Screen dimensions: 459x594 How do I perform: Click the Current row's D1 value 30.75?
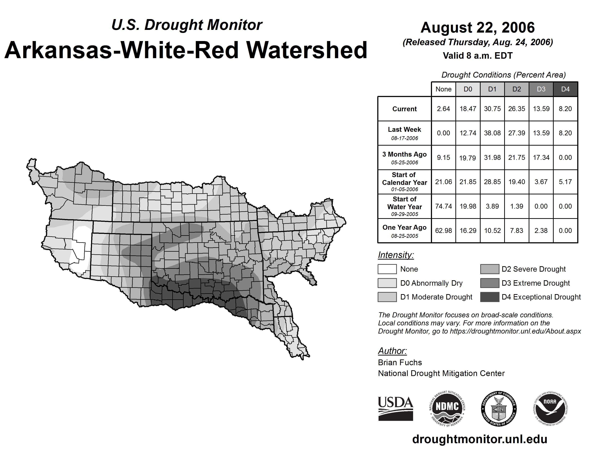click(492, 109)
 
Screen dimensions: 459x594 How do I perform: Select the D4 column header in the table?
click(565, 89)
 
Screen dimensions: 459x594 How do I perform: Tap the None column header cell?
click(443, 89)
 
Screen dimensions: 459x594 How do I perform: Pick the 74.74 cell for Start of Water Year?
click(443, 206)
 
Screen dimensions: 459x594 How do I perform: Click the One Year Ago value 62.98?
click(443, 231)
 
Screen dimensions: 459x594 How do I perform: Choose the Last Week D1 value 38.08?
click(492, 133)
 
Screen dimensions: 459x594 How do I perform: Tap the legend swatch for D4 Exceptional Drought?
click(490, 297)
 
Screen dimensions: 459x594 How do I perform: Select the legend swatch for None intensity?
click(387, 269)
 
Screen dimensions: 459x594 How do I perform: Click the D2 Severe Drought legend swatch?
click(490, 269)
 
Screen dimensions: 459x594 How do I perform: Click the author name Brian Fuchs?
click(400, 363)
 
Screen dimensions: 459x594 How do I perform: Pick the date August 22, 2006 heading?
click(478, 28)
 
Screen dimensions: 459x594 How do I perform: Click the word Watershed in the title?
click(307, 50)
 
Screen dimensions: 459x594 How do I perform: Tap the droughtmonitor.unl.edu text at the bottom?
click(480, 439)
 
